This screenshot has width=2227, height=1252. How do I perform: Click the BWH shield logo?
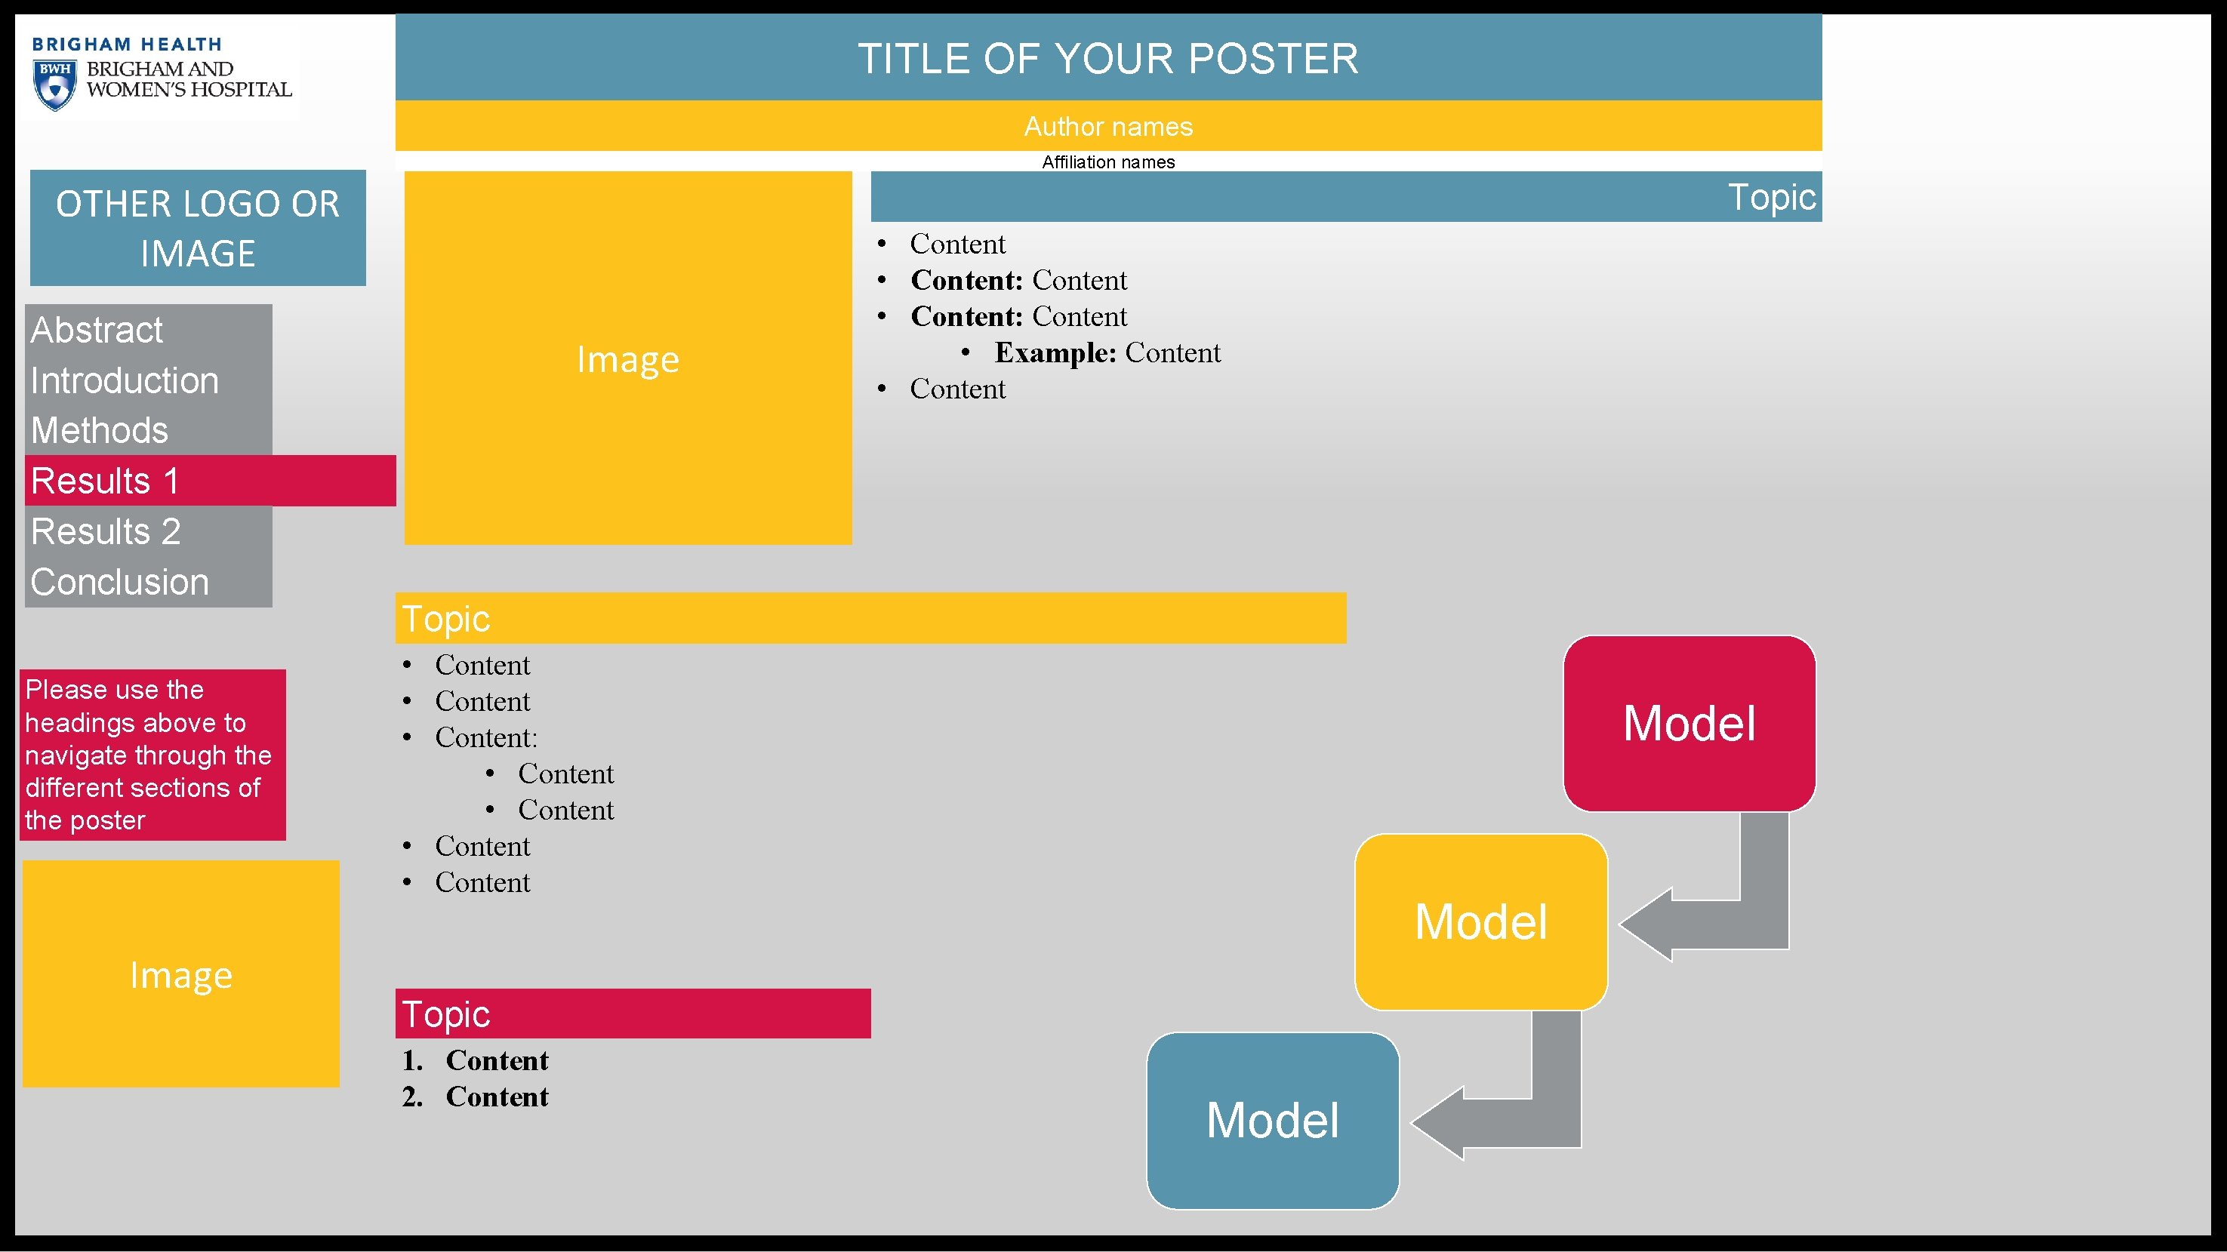click(54, 85)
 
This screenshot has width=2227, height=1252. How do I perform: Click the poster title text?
click(1107, 59)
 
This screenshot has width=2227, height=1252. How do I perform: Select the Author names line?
click(1107, 127)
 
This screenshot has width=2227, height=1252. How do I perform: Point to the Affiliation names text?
click(1107, 162)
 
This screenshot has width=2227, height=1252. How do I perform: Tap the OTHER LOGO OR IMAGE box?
click(198, 228)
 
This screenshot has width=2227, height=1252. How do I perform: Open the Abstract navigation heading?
click(97, 330)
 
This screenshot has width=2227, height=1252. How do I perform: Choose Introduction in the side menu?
click(125, 381)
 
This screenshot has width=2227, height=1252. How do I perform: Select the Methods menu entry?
click(100, 430)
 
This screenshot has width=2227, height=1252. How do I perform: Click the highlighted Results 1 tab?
click(105, 481)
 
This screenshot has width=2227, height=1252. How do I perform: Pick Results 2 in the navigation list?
click(106, 531)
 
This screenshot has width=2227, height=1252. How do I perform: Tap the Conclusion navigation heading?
click(119, 583)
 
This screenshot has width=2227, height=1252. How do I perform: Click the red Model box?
click(1690, 723)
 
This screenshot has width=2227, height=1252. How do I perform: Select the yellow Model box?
click(1481, 922)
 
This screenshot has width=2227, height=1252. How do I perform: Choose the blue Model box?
click(1273, 1121)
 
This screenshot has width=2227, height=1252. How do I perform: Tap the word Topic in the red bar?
click(446, 1014)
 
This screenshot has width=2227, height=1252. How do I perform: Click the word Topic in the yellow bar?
click(446, 619)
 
